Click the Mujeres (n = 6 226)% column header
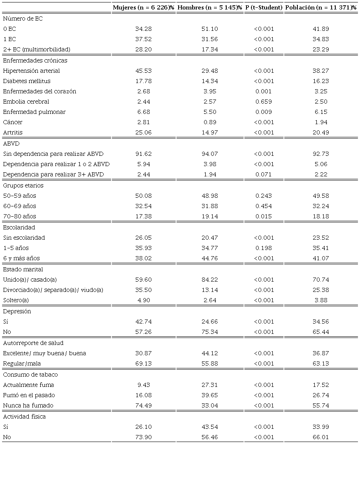[144, 8]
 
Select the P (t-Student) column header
[264, 8]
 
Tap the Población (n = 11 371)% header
[321, 8]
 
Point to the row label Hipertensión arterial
[31, 71]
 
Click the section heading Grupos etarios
[23, 185]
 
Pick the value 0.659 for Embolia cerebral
[264, 102]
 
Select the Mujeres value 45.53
[144, 71]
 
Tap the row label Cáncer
[13, 122]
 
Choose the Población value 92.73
[321, 154]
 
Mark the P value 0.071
[264, 174]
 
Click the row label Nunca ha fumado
[28, 405]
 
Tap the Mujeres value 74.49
[144, 405]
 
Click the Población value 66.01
[321, 437]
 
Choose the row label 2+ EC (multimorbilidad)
[37, 49]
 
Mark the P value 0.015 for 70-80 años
[264, 216]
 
